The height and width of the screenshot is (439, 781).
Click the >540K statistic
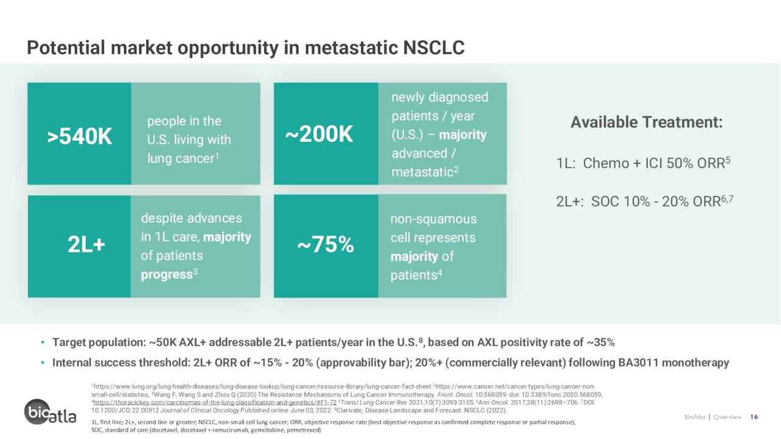click(79, 136)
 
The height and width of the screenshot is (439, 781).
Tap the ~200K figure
click(319, 134)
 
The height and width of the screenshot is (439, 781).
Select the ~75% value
click(326, 244)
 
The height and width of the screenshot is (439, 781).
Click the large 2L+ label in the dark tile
click(86, 244)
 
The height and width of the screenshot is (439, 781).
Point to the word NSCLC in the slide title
click(434, 48)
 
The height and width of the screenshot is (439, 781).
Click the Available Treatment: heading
click(646, 123)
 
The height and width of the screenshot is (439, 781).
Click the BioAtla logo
click(50, 412)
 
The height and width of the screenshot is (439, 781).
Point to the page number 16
click(754, 416)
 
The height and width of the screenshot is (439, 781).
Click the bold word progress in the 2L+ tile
click(167, 274)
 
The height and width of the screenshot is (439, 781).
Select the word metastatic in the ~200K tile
click(422, 172)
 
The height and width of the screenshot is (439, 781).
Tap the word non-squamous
click(433, 219)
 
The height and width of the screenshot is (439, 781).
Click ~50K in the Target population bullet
click(162, 343)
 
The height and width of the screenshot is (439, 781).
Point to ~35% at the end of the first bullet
click(601, 343)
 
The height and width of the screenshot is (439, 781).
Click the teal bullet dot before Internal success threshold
click(43, 363)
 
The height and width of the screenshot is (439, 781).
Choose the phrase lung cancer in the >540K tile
click(181, 159)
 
